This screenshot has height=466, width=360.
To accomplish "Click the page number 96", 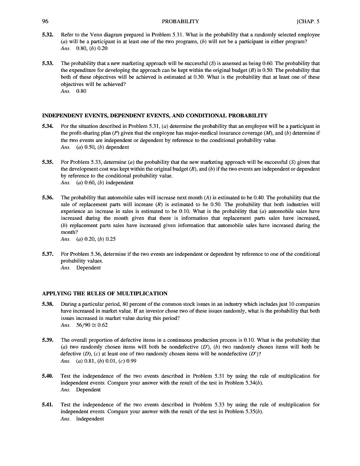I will [x=46, y=21].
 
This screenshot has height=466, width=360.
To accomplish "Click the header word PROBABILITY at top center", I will [x=180, y=21].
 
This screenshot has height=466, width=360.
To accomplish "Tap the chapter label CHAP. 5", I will [x=308, y=21].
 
